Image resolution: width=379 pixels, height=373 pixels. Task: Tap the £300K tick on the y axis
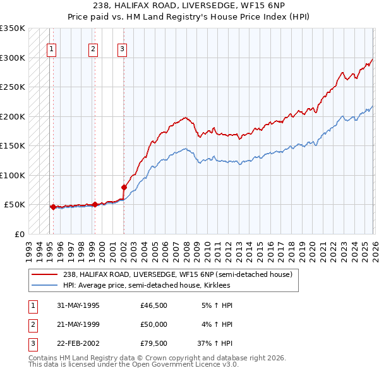13,58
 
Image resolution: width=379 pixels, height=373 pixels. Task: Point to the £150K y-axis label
13,145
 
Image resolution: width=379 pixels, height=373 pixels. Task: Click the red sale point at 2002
124,187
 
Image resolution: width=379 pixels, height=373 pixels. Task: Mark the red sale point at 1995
53,207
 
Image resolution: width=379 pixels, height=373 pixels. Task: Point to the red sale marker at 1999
95,204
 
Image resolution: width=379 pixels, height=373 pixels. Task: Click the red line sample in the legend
45,275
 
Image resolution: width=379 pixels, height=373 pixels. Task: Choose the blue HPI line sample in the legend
45,285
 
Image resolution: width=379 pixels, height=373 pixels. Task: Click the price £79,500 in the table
154,345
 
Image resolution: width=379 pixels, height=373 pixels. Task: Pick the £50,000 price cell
154,325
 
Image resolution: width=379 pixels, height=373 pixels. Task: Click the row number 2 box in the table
32,325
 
